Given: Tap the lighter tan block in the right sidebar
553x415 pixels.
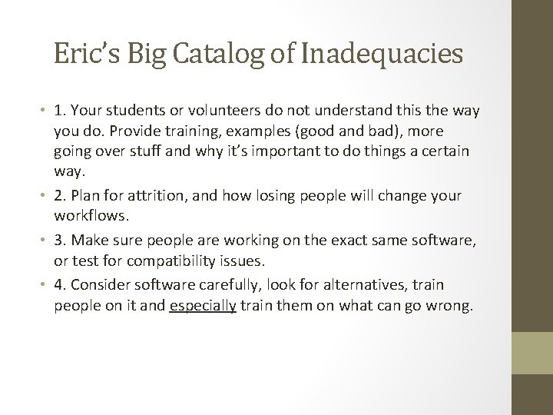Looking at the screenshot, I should click(x=532, y=354).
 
